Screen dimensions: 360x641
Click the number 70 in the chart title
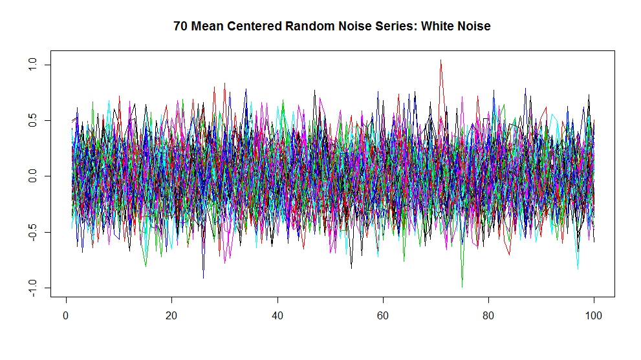(180, 26)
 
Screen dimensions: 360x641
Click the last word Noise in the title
(472, 26)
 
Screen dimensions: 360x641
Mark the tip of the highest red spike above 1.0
(440, 60)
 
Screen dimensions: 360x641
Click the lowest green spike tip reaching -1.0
(462, 287)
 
